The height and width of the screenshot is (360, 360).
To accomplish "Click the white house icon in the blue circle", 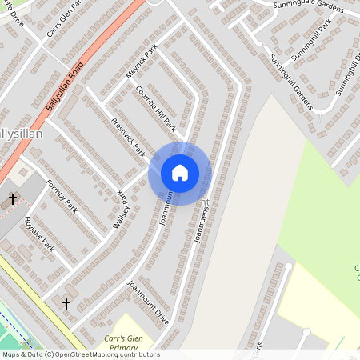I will (180, 173).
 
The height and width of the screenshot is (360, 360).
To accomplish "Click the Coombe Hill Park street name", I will (155, 108).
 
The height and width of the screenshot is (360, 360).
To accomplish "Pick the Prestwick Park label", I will (128, 137).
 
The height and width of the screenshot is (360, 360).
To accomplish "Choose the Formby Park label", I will (60, 194).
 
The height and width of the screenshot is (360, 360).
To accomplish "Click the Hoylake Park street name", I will (38, 233).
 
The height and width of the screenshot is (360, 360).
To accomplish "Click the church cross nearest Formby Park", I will (13, 198).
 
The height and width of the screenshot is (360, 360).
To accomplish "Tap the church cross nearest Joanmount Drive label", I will (66, 304).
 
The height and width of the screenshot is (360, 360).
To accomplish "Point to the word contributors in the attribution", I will (138, 354).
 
